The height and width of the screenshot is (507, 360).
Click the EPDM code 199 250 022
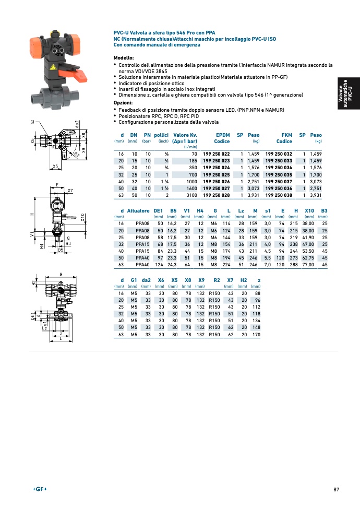[x=216, y=154]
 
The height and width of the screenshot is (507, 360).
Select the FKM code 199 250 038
[x=279, y=195]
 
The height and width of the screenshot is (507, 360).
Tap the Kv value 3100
[x=190, y=195]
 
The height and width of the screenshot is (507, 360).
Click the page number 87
[x=336, y=489]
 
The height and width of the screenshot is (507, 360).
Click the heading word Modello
[x=124, y=57]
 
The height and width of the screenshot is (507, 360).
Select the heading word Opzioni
[x=123, y=102]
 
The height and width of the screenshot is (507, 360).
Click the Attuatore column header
[x=138, y=210]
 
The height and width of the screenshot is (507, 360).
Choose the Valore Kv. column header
[x=185, y=135]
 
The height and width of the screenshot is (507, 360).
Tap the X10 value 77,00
[x=307, y=265]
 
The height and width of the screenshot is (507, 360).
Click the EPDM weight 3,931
[x=254, y=195]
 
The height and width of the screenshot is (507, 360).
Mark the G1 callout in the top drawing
[x=33, y=122]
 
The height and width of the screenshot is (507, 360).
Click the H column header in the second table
[x=296, y=210]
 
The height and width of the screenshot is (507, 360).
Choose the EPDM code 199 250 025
[x=216, y=174]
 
